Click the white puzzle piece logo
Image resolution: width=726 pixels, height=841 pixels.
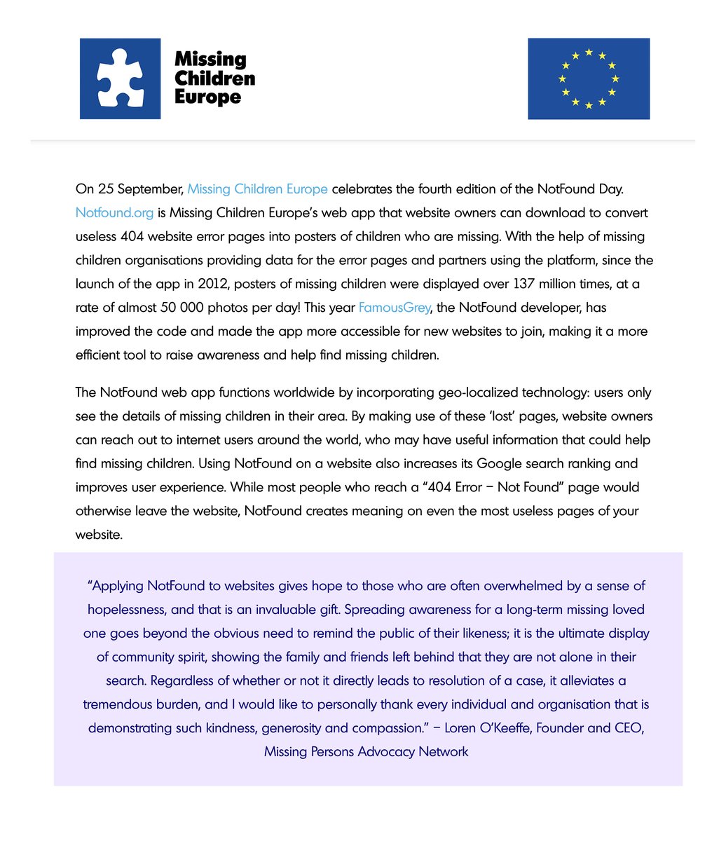[x=120, y=78]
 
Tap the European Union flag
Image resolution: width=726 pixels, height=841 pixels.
[x=589, y=78]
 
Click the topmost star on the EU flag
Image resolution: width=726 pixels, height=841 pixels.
[x=589, y=52]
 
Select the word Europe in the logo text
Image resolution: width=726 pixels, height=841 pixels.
[x=207, y=97]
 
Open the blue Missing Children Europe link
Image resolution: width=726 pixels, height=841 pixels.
[x=257, y=189]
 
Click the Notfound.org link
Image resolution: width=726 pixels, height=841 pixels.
[x=114, y=212]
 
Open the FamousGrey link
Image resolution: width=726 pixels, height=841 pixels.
[x=394, y=307]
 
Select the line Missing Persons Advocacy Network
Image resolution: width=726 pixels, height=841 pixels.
[x=366, y=751]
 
